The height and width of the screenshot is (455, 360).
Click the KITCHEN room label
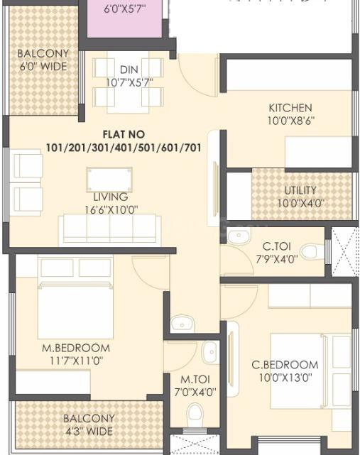pyautogui.click(x=290, y=108)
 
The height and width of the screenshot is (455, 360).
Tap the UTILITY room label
pyautogui.click(x=300, y=191)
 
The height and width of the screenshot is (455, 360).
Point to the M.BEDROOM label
pyautogui.click(x=75, y=348)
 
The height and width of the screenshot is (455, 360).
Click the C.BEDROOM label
pyautogui.click(x=285, y=365)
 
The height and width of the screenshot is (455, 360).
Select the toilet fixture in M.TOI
pyautogui.click(x=195, y=415)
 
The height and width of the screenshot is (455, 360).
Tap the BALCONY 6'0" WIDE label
pyautogui.click(x=43, y=60)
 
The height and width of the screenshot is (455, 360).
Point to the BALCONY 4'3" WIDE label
pyautogui.click(x=88, y=424)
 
